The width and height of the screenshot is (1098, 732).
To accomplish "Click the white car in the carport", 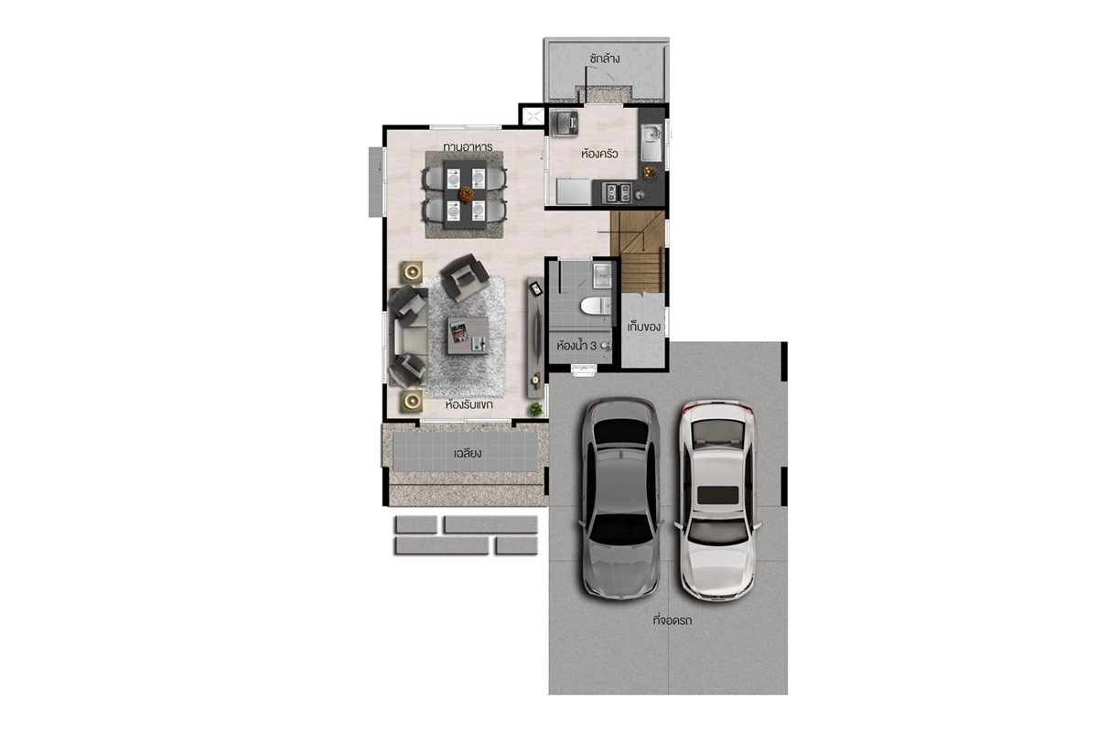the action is click(717, 501).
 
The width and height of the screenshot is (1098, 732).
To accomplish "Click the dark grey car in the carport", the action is click(620, 498).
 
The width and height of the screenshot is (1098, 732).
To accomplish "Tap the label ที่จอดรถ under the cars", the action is click(672, 620).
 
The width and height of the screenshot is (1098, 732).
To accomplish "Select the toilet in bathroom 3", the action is click(596, 306).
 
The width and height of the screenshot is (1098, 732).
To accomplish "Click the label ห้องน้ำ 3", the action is click(576, 345).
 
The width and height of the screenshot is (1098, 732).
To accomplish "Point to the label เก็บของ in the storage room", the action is click(643, 327).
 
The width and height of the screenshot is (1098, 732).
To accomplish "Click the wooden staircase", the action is click(638, 252).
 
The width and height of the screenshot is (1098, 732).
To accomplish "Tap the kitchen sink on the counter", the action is click(651, 142).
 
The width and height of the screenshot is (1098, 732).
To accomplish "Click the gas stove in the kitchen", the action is click(617, 192).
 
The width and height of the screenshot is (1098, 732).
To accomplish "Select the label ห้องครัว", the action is click(599, 154).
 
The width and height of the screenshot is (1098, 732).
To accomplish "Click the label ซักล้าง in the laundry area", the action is click(605, 59).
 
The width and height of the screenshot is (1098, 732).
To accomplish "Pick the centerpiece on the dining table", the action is click(466, 195).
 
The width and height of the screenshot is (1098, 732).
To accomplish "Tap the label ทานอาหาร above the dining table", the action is click(468, 146).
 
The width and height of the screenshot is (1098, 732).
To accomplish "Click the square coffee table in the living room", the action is click(468, 336).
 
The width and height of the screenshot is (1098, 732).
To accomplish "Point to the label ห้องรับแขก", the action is click(468, 404).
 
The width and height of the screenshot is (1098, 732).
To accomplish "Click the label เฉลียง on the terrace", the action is click(468, 453).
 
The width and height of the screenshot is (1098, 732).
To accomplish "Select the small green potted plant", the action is click(536, 408).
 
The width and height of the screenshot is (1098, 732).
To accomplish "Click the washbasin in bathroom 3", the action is click(602, 275).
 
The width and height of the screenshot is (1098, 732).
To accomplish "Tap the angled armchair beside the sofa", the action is click(464, 277).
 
